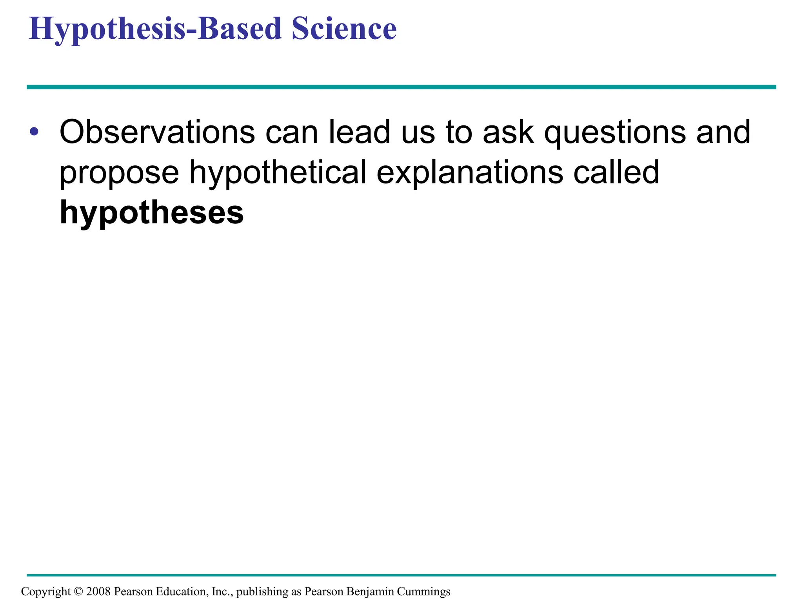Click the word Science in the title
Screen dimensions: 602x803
(x=344, y=29)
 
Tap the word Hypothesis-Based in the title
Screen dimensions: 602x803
(x=155, y=29)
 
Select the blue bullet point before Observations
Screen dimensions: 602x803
(x=34, y=132)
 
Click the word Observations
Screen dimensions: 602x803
(x=157, y=132)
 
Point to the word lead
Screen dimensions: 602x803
(x=359, y=132)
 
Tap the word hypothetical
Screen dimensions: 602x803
(x=278, y=172)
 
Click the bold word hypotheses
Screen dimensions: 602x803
(x=152, y=214)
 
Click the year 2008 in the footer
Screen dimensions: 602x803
(x=98, y=591)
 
